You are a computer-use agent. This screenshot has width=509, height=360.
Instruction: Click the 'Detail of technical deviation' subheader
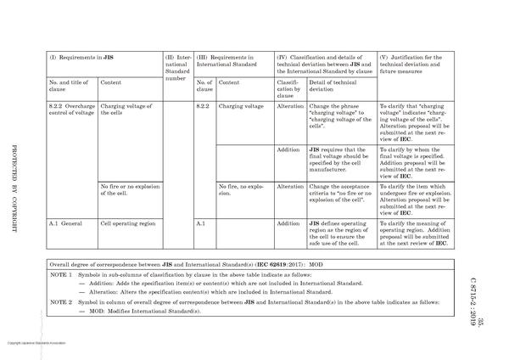click(x=339, y=87)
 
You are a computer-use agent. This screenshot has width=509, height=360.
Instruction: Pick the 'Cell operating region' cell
click(x=128, y=223)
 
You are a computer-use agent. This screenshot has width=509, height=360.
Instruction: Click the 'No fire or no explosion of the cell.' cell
click(x=130, y=189)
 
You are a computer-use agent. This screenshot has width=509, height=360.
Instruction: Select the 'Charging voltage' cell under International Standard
click(x=242, y=107)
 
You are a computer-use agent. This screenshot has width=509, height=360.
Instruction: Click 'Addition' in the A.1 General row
click(x=289, y=223)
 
